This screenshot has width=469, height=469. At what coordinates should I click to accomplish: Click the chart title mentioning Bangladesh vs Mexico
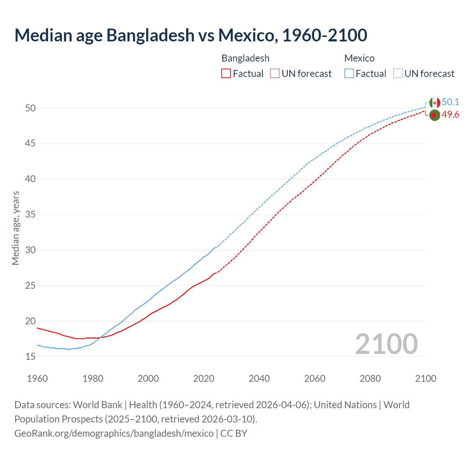click(x=191, y=36)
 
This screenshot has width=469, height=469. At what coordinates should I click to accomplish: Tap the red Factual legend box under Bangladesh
click(x=226, y=74)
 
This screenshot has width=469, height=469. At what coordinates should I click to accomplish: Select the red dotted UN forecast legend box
click(x=275, y=74)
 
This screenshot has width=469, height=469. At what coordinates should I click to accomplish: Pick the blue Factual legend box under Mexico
click(x=349, y=74)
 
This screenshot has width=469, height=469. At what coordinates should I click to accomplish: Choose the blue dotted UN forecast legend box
click(x=398, y=74)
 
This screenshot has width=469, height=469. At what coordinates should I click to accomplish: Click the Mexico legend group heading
click(x=359, y=58)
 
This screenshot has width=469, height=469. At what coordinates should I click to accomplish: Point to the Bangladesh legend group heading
click(x=245, y=58)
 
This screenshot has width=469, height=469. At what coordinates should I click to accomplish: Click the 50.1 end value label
click(x=450, y=102)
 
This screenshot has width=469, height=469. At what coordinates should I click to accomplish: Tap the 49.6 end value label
click(x=450, y=115)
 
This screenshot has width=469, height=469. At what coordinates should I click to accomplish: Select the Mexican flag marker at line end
click(x=435, y=103)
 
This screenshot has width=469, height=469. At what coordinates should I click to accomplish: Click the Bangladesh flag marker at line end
click(x=435, y=115)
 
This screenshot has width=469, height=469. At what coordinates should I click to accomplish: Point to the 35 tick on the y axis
click(x=30, y=214)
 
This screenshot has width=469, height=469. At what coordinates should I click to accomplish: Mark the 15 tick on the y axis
click(x=30, y=357)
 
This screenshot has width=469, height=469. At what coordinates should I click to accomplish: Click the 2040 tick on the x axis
click(x=259, y=378)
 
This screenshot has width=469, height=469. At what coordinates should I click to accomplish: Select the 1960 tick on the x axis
click(x=37, y=378)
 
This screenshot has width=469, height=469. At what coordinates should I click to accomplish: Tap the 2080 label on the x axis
click(x=370, y=378)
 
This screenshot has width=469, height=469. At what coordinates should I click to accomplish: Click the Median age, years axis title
click(x=15, y=228)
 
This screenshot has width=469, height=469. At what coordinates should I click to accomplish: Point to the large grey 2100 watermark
click(x=386, y=344)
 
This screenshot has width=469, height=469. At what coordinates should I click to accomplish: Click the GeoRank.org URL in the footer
click(x=114, y=433)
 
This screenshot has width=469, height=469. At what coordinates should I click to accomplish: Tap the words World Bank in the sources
click(x=97, y=405)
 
